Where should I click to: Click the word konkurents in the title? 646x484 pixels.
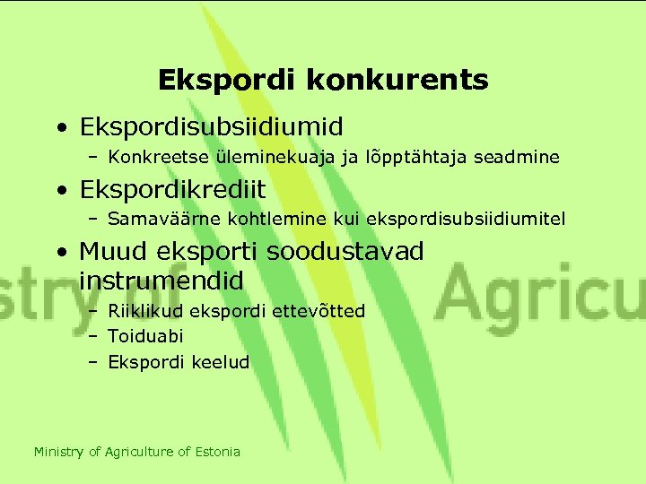[x=397, y=81]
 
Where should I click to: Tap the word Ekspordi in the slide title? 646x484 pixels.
[x=229, y=81]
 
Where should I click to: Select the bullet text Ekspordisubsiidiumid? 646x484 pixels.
[x=211, y=125]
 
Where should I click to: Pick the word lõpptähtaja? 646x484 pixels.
[x=388, y=158]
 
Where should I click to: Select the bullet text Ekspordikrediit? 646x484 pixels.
[x=172, y=190]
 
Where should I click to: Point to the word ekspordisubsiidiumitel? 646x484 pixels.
[x=474, y=219]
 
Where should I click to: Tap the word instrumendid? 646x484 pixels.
[x=161, y=281]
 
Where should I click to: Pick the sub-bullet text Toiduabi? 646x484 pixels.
[x=145, y=337]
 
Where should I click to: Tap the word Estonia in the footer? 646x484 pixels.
[x=218, y=452]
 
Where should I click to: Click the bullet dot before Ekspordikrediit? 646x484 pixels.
[x=59, y=191]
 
